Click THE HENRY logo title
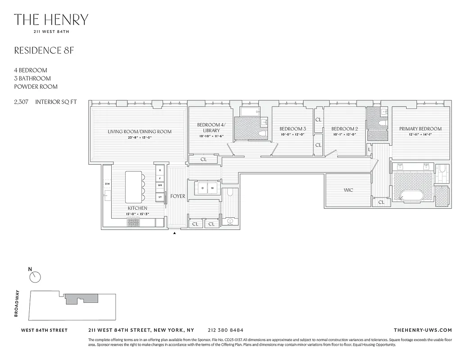51,20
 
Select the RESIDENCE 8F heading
44,50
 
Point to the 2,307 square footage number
22,102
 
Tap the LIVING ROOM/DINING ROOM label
140,132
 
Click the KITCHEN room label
137,208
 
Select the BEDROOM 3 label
293,129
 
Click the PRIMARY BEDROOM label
420,129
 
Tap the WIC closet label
348,190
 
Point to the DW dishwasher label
107,184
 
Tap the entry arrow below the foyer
175,233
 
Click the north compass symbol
35,277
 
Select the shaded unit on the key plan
81,298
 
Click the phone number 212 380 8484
226,330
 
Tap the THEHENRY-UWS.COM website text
422,330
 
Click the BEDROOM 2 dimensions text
344,134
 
